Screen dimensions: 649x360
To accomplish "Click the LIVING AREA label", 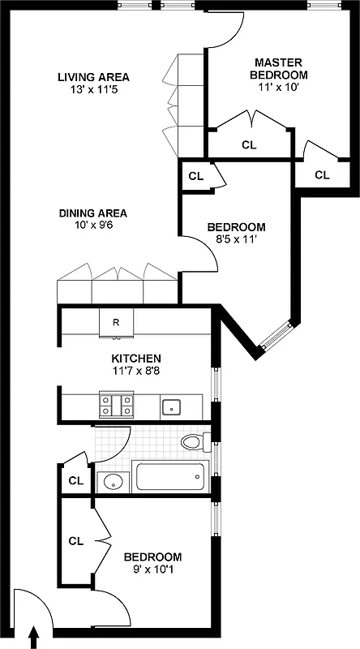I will [x=93, y=77].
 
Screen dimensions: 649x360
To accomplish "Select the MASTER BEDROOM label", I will [x=278, y=69].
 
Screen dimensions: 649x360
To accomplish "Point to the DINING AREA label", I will [x=92, y=213].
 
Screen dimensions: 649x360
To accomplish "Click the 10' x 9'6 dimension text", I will [x=92, y=226].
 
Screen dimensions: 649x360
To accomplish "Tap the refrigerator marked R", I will [x=116, y=322].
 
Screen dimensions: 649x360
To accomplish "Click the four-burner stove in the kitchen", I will [x=116, y=403].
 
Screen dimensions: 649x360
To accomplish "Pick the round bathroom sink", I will [x=113, y=482].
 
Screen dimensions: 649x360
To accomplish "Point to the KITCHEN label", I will [x=136, y=358].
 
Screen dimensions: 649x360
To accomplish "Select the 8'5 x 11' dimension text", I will [x=236, y=239].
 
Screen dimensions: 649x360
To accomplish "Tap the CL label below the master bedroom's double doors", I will [x=250, y=145].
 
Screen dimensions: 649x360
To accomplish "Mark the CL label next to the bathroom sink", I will [x=75, y=480].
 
